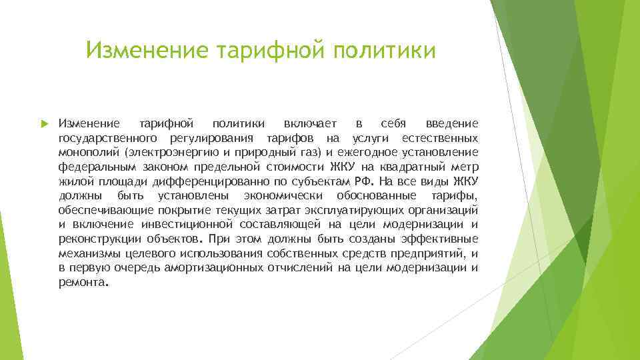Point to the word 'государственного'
click(108, 138)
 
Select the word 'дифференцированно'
click(205, 181)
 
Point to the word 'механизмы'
click(89, 253)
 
